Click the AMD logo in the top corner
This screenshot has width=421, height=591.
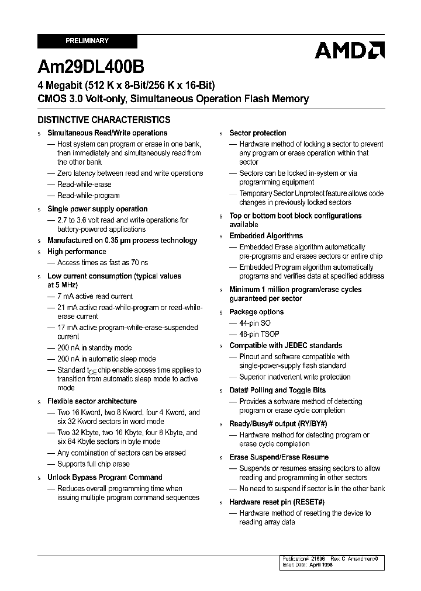tap(349, 50)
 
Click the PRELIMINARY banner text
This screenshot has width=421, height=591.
tap(87, 41)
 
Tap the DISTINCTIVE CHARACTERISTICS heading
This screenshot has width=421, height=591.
tap(104, 120)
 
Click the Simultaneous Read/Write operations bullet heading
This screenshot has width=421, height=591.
tap(107, 133)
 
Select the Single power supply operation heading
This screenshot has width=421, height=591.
tap(97, 209)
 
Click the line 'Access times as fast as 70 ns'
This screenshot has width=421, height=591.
tap(102, 263)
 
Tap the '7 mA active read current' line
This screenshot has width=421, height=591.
tap(95, 297)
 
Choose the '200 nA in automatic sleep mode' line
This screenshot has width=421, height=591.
tap(106, 359)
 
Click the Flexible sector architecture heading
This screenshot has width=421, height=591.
tap(92, 401)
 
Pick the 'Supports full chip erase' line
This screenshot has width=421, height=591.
tap(94, 464)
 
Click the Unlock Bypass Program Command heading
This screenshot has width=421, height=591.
tap(105, 477)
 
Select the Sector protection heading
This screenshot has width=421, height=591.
tap(257, 133)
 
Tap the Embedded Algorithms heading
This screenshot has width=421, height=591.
tap(266, 236)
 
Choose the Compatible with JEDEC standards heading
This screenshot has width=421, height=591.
tap(285, 345)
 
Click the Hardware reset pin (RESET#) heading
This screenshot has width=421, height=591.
tap(277, 502)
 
